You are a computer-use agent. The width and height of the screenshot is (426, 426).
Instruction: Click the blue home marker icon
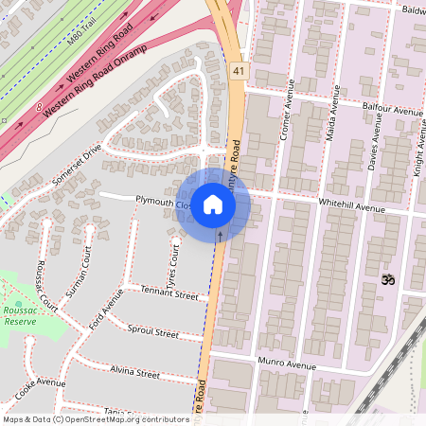click(213, 204)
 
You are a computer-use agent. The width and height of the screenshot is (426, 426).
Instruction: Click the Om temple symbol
click(385, 279)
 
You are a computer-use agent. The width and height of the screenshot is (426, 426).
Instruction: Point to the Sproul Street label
click(152, 331)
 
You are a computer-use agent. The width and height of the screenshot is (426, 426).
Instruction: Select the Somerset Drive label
click(77, 165)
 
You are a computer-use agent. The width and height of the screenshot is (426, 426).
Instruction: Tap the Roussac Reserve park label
click(20, 313)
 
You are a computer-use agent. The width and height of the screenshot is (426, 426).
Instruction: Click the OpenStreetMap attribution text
click(96, 418)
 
